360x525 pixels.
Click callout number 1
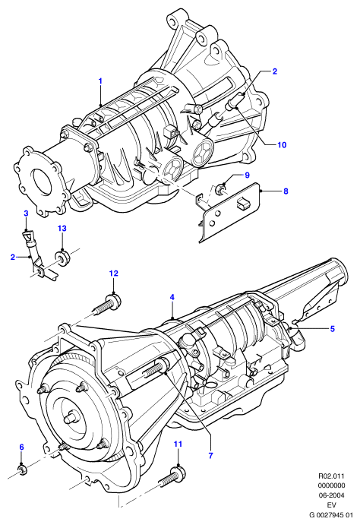coord(100,81)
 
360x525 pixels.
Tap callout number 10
coord(282,144)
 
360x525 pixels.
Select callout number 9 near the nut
coord(247,175)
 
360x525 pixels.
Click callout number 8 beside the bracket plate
coord(286,191)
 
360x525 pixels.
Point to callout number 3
coord(26,213)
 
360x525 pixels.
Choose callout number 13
coord(62,229)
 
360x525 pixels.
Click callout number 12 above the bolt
coord(113,274)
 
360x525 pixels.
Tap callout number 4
coord(172,297)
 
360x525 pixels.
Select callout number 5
coord(332,329)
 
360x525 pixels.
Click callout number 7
coord(210,455)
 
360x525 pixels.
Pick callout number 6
coord(22,447)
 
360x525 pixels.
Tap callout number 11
coord(178,444)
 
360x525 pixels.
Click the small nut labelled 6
coord(23,470)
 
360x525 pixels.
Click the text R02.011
coord(331,476)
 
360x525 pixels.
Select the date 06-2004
coord(331,495)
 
